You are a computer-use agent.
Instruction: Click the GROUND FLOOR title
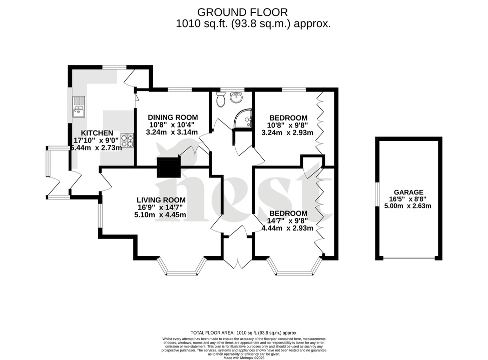click(243, 11)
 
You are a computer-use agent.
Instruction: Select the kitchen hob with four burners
click(127, 140)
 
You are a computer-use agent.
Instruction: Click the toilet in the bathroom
click(220, 100)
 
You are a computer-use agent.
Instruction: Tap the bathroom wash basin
click(236, 97)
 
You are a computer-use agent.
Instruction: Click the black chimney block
click(168, 167)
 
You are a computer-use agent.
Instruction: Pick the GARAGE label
click(408, 192)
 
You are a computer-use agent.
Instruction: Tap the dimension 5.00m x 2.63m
click(408, 205)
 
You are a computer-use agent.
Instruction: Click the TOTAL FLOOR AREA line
click(244, 332)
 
